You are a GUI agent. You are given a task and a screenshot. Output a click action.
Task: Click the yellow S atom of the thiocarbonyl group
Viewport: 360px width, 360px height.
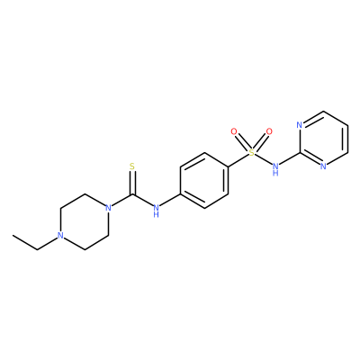click(x=132, y=166)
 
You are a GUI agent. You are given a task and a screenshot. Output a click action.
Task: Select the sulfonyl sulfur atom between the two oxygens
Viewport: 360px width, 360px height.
click(x=252, y=153)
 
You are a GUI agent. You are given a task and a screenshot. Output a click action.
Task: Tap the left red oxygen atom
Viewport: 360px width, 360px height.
click(x=234, y=131)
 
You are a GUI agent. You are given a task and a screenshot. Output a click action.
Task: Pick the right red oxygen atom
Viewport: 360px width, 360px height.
click(x=269, y=131)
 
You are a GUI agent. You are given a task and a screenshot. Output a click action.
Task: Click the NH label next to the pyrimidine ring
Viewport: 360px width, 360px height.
click(x=275, y=169)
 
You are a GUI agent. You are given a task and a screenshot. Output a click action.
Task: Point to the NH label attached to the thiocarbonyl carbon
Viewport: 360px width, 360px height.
click(x=156, y=211)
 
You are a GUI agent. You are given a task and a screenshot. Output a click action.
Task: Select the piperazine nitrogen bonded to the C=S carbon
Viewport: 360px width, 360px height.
click(x=108, y=208)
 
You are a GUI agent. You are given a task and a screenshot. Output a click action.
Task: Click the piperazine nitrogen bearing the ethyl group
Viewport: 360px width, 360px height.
click(x=60, y=235)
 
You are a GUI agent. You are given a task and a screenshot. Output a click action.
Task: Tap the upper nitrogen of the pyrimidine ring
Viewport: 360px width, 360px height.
click(x=299, y=125)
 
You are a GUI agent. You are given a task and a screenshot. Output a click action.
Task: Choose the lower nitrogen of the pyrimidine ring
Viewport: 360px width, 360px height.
click(x=323, y=166)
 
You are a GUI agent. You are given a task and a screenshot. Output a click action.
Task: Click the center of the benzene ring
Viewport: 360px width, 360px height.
click(x=204, y=180)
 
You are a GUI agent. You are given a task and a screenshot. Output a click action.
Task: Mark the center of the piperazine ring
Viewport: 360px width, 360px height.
click(x=85, y=221)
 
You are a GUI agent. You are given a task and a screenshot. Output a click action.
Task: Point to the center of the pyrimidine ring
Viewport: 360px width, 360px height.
click(x=323, y=139)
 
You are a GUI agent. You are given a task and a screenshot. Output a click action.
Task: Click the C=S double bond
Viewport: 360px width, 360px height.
click(x=132, y=184)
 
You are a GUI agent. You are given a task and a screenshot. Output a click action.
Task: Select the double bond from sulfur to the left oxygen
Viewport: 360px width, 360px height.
click(x=242, y=141)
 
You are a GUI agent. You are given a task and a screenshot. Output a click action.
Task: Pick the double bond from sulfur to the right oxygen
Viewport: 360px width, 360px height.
click(x=261, y=141)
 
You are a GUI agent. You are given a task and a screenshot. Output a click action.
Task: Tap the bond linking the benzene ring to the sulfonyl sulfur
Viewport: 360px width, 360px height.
click(x=238, y=160)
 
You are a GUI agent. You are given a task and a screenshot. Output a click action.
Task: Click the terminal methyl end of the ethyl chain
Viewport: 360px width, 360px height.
click(x=13, y=236)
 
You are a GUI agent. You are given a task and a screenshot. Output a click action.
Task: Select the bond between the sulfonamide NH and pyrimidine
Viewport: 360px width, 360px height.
click(x=290, y=159)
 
